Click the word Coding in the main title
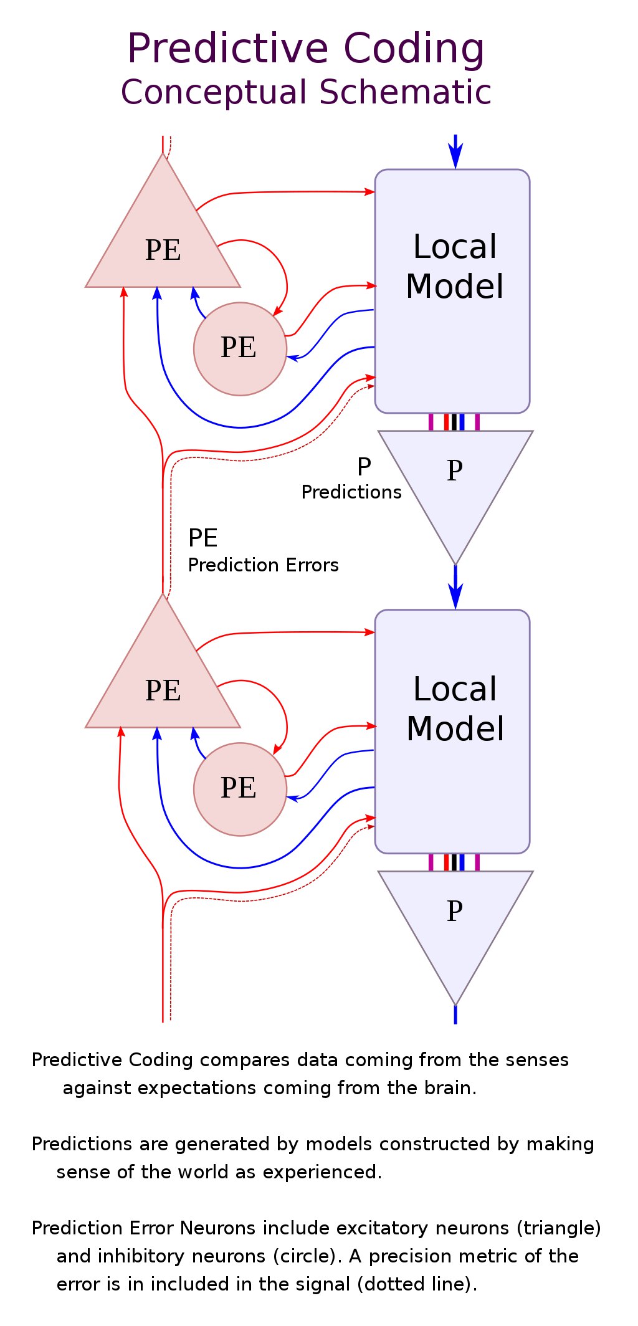tap(413, 49)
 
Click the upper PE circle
tap(240, 348)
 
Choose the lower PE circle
tap(240, 789)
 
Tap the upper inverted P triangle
tap(455, 480)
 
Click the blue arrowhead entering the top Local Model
tap(455, 158)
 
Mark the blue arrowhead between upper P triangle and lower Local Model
tap(455, 597)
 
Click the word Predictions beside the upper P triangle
tap(351, 492)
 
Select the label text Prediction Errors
tap(263, 565)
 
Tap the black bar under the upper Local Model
tap(454, 422)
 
